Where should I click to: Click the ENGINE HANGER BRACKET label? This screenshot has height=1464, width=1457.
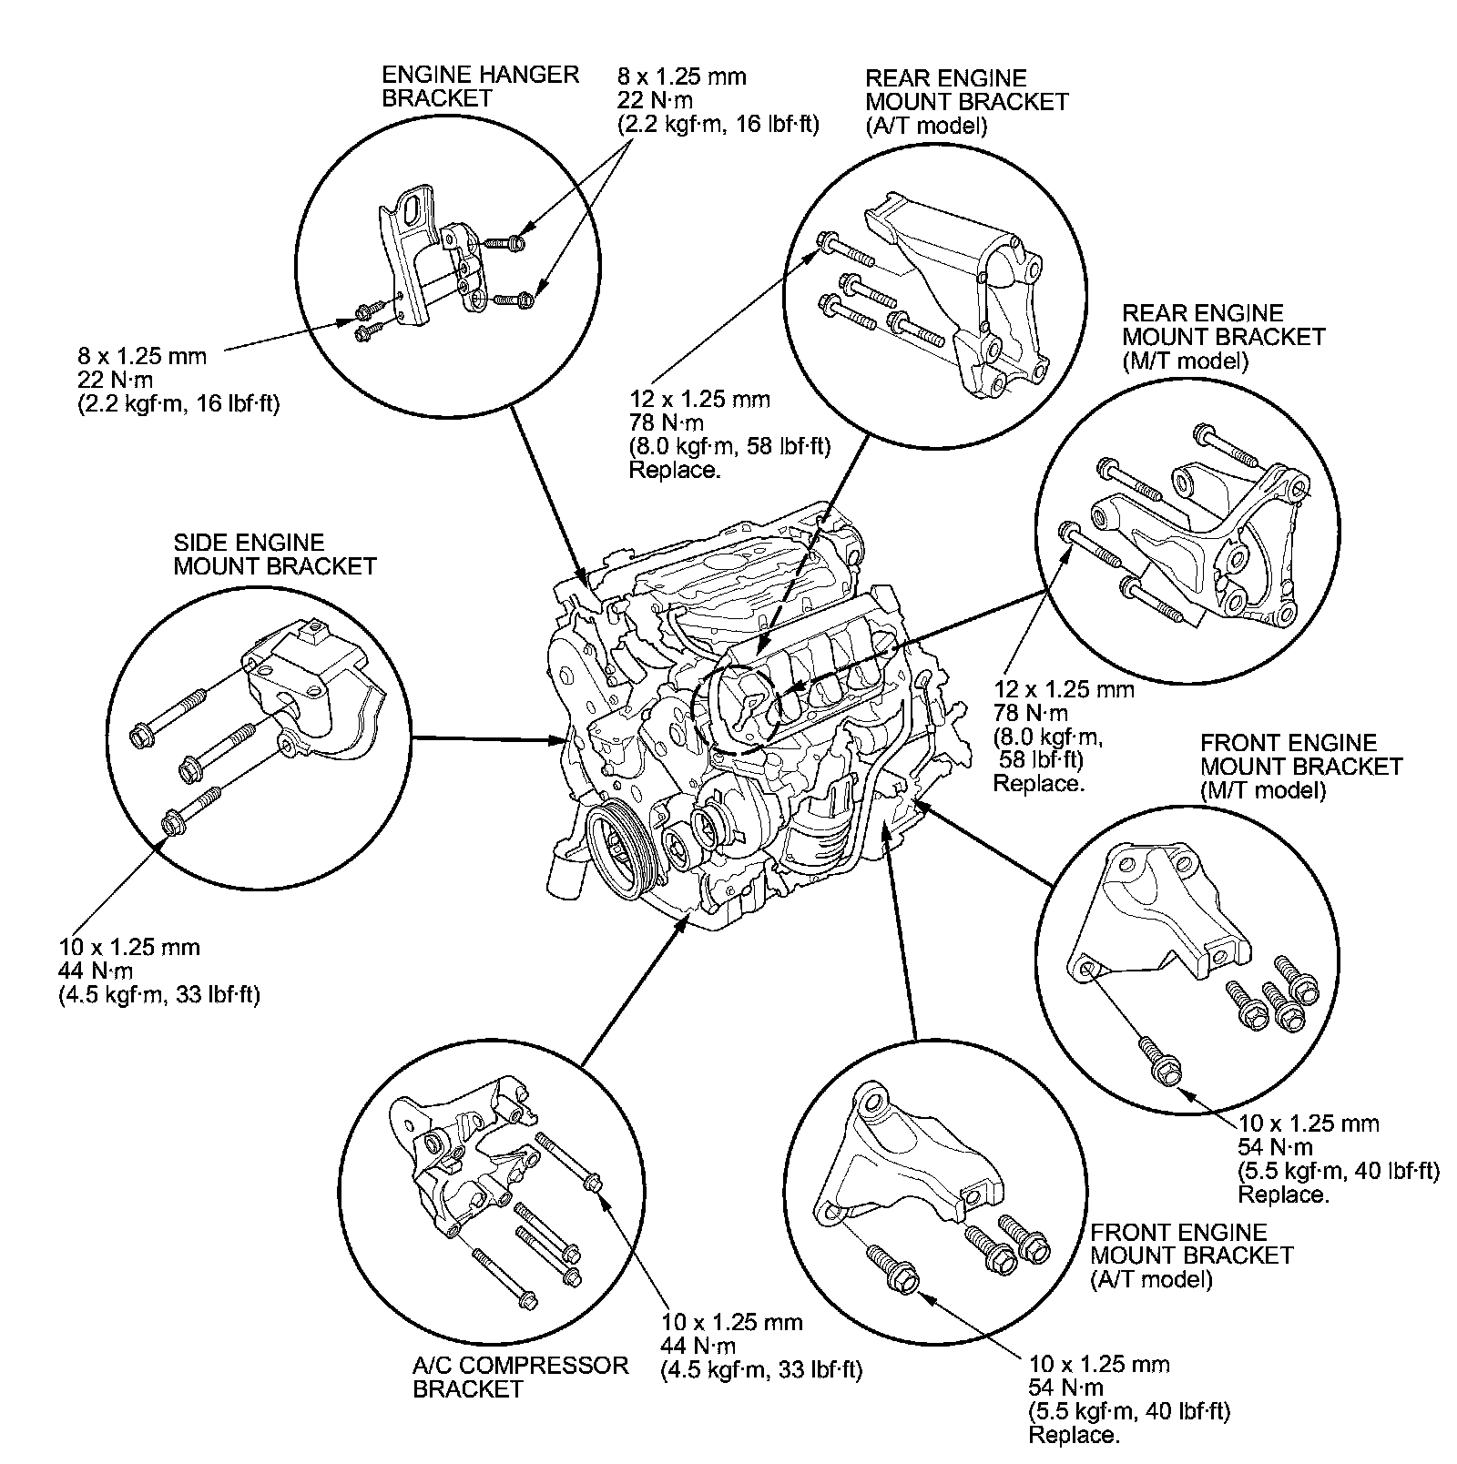(x=480, y=86)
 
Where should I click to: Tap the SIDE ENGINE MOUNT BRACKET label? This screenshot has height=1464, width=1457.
(x=274, y=554)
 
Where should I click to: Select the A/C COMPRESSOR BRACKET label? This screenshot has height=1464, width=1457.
(x=520, y=1377)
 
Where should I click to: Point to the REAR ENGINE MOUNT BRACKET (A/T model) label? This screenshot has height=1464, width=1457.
(x=966, y=102)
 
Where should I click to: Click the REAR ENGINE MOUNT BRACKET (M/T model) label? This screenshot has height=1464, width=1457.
(x=1223, y=337)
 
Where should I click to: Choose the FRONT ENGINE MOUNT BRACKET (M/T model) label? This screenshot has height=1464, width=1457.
(x=1300, y=767)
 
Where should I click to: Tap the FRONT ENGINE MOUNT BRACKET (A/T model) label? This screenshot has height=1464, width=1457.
(x=1191, y=1256)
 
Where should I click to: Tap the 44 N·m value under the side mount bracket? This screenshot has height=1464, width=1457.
(x=95, y=971)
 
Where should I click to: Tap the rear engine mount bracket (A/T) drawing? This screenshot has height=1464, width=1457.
(x=965, y=291)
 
